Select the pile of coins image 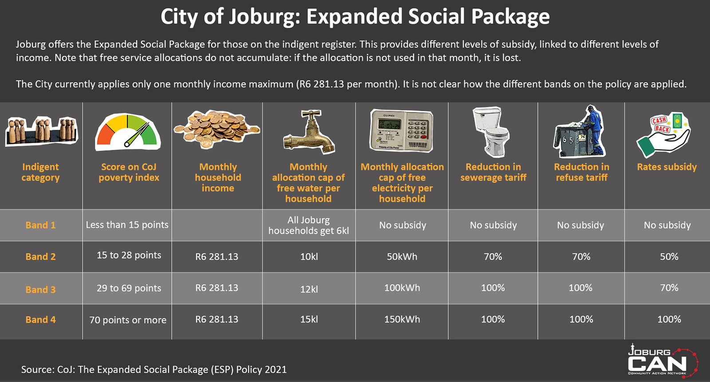pos(217,129)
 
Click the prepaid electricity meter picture pos(401,131)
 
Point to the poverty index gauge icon pos(128,132)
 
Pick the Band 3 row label pos(40,289)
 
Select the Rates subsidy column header pos(667,167)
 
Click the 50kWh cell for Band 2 pos(402,257)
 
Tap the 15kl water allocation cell pos(309,319)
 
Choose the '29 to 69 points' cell pos(129,288)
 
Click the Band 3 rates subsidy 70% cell pos(669,288)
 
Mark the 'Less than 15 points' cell pos(127,225)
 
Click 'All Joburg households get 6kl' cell pos(308,225)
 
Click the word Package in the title pos(510,17)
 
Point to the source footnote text pos(154,369)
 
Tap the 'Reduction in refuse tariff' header pos(581,172)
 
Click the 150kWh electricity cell pos(402,319)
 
